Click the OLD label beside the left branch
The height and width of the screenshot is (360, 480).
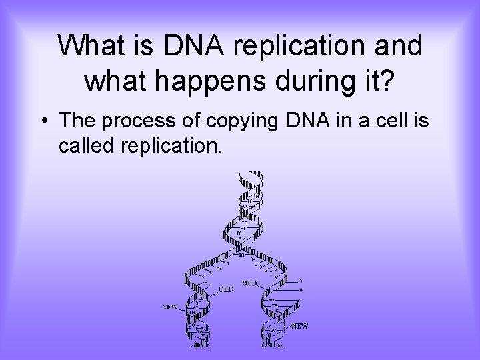coord(225,289)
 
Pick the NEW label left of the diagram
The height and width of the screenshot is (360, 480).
coord(170,307)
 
